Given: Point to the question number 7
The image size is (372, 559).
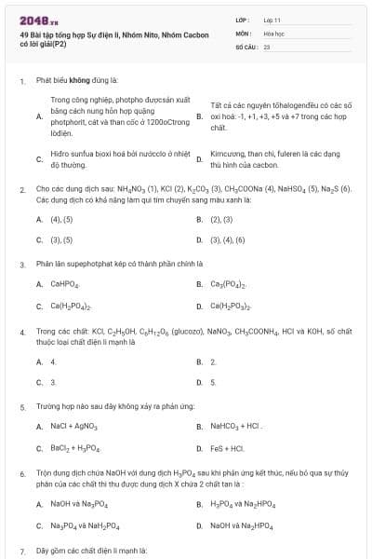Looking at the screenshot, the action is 22,551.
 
